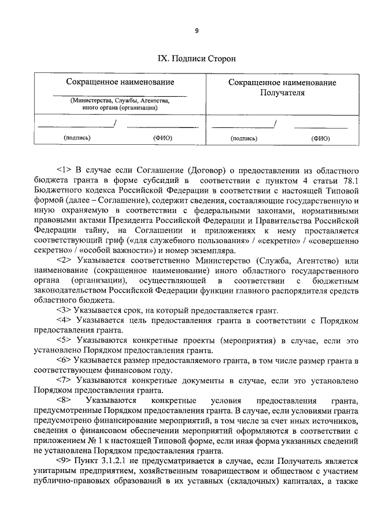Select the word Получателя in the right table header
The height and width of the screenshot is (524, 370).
pos(282,92)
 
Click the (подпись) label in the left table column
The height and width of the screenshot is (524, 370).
pos(77,138)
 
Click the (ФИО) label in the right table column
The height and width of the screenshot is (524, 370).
pos(320,138)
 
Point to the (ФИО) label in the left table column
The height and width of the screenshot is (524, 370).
pos(163,138)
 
